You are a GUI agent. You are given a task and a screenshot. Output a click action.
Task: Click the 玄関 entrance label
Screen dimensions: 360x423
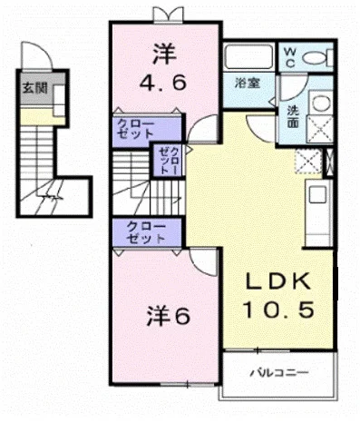35,88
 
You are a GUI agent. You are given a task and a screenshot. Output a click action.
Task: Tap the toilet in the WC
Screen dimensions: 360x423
317,57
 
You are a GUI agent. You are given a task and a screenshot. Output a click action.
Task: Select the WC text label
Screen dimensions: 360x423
289,57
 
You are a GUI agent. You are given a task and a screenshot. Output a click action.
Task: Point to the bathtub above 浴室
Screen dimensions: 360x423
248,57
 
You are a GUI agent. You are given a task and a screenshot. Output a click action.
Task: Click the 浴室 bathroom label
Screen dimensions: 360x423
248,83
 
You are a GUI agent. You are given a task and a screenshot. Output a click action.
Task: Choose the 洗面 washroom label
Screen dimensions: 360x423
293,116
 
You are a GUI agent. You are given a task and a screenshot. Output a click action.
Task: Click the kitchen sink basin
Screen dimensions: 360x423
317,195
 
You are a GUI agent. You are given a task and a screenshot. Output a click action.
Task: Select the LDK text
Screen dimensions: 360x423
278,281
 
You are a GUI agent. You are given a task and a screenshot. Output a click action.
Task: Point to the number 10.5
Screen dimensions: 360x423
278,310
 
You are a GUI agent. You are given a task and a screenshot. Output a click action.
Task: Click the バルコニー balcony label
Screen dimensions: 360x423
279,372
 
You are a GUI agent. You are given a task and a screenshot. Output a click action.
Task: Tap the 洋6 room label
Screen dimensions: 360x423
168,316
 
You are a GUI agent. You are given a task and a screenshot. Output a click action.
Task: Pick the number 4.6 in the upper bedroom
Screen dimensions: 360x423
162,83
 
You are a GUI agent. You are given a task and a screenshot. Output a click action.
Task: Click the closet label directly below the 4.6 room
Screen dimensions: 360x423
136,129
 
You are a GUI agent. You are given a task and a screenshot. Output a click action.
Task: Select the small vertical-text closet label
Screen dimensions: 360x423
169,161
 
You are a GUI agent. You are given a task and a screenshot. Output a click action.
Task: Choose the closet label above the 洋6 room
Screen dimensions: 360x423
146,233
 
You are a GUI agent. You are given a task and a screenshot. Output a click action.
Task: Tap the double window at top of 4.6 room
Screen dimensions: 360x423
168,14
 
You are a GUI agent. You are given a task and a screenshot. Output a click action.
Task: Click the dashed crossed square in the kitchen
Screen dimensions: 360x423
308,162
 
